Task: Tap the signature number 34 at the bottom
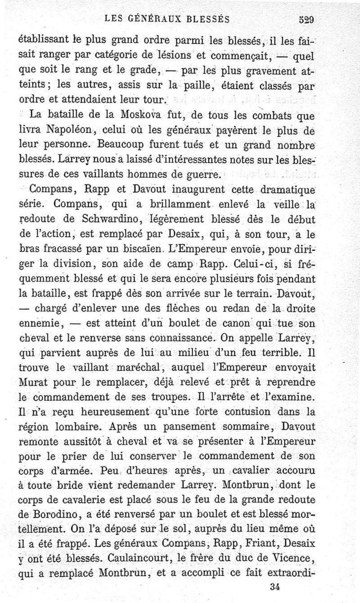point(278,586)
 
